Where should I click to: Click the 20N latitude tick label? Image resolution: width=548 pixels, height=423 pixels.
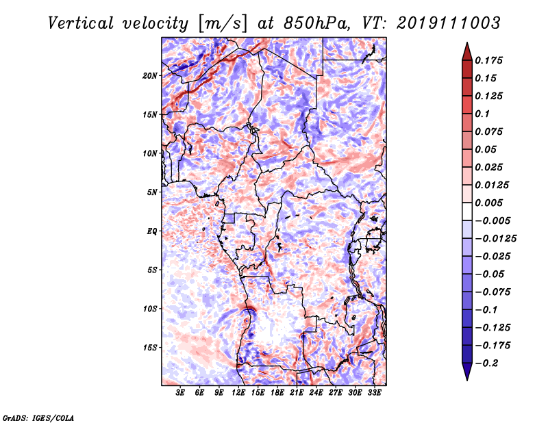(x=150, y=75)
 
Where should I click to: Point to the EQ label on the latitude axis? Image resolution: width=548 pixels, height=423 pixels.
(x=152, y=231)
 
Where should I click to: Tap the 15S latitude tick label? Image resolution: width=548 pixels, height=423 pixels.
(x=150, y=347)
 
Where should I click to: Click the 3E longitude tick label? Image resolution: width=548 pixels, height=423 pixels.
(x=180, y=393)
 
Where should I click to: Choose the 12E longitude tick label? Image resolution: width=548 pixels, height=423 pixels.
(x=238, y=393)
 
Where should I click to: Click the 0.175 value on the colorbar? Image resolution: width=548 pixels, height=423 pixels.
(x=490, y=60)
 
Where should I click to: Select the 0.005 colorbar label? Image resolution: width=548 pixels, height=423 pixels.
(x=490, y=203)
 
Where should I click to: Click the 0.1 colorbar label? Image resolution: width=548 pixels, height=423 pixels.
(x=484, y=114)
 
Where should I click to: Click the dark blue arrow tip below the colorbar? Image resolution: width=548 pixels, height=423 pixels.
(x=466, y=375)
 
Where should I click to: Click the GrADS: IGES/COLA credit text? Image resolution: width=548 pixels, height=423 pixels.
(x=38, y=417)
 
